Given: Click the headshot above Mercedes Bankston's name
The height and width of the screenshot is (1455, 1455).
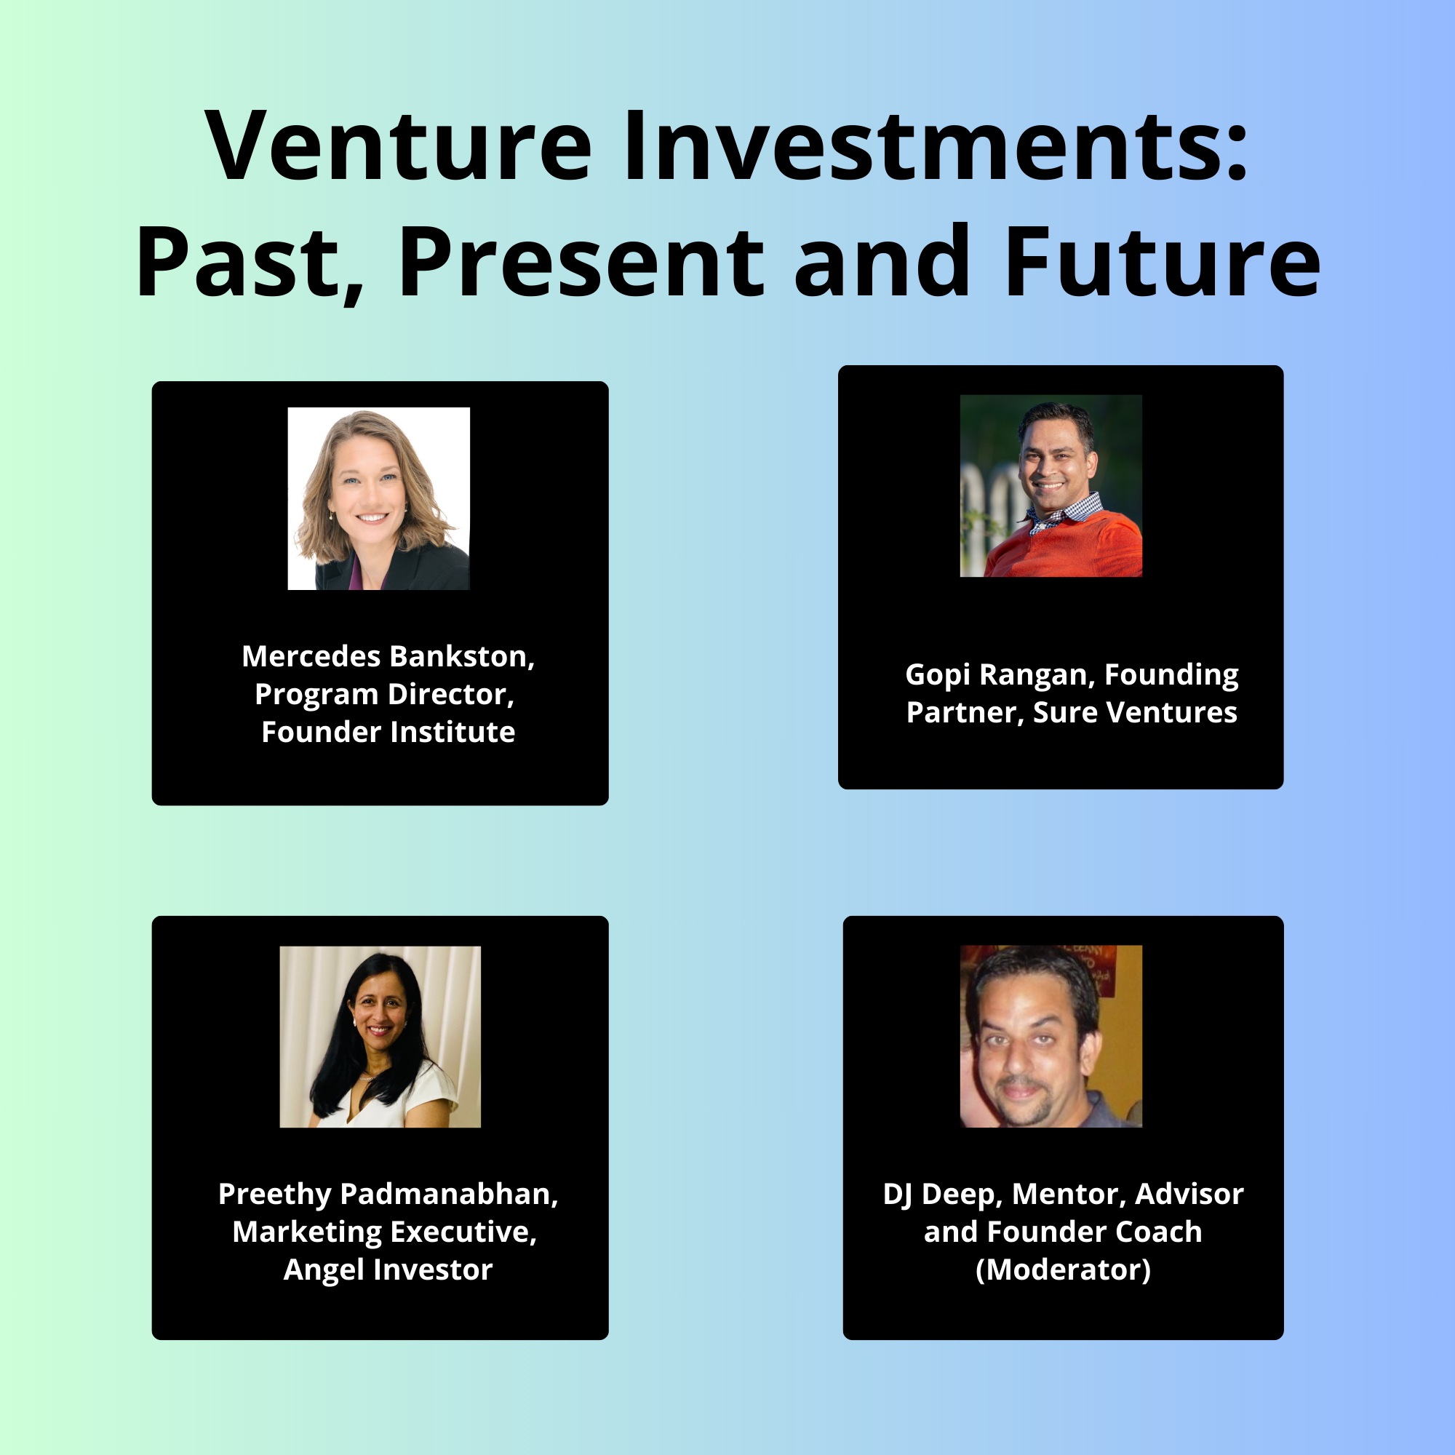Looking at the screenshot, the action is tap(379, 498).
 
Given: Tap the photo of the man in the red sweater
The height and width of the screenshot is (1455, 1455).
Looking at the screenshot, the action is tap(1051, 486).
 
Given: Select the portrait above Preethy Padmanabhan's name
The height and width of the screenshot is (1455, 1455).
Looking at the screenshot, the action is tap(380, 1036).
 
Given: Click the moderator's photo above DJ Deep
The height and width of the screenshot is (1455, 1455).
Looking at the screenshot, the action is tap(1051, 1036).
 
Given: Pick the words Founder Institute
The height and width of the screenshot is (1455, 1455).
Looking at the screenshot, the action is tap(388, 732).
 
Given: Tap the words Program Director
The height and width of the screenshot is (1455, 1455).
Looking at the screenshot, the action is tap(384, 695).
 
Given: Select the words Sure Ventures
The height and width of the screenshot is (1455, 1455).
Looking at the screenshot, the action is tap(1135, 712).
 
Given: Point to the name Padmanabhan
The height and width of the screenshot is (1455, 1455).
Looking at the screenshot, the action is tap(449, 1194).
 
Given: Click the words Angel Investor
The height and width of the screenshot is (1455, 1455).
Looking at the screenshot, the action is tap(388, 1269).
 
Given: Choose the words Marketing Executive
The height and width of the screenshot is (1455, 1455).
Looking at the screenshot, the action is tap(384, 1232).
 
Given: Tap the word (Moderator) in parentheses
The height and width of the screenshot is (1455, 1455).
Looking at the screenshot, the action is tap(1064, 1269).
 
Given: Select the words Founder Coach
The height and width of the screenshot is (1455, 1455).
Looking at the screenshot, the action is tap(1095, 1232).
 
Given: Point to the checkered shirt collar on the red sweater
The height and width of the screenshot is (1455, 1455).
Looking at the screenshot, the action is tap(1066, 514).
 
